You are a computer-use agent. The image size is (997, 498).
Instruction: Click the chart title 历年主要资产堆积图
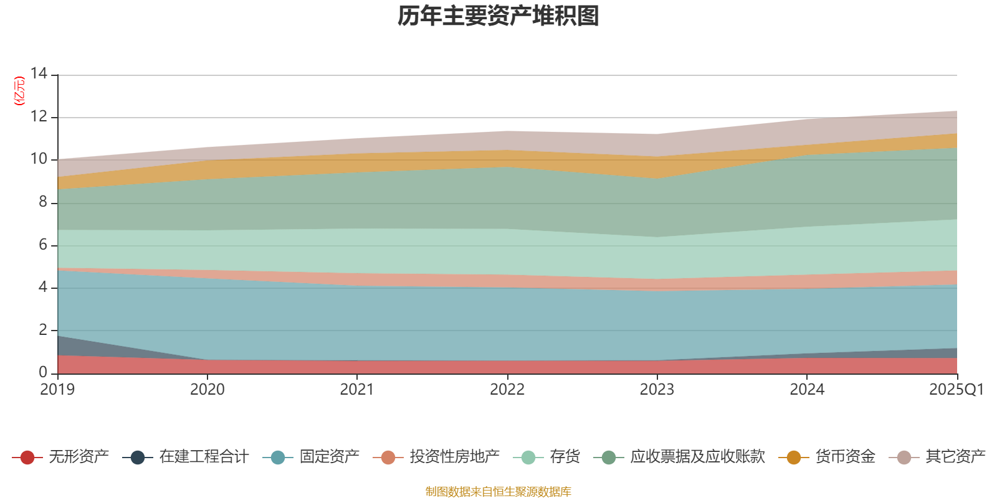[499, 16]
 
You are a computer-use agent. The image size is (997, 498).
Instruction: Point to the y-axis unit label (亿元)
[19, 91]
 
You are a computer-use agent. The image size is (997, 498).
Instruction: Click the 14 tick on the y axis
[39, 73]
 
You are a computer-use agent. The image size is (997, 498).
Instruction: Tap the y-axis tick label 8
[43, 202]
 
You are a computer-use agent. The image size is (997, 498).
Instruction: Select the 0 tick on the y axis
[43, 372]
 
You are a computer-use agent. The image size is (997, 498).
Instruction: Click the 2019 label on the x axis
[57, 390]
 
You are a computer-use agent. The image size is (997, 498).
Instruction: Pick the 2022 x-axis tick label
[507, 390]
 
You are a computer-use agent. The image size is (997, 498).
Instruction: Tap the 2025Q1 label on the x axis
[956, 390]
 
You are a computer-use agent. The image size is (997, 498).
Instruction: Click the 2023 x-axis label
[657, 390]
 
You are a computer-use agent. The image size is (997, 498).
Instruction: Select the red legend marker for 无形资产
[27, 458]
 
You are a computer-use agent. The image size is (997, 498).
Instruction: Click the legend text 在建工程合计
[204, 457]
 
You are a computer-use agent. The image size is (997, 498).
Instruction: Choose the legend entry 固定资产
[329, 457]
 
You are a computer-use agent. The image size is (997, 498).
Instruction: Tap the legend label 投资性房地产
[454, 457]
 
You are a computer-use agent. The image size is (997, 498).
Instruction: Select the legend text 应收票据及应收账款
[697, 457]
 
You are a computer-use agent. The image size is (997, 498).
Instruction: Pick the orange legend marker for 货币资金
[793, 458]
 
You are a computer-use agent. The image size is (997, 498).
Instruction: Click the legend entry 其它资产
[955, 457]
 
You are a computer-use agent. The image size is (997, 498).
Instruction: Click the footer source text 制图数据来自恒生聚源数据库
[499, 492]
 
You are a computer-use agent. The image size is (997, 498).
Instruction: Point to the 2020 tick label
[207, 390]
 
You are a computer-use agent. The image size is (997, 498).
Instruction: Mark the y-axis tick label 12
[39, 116]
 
